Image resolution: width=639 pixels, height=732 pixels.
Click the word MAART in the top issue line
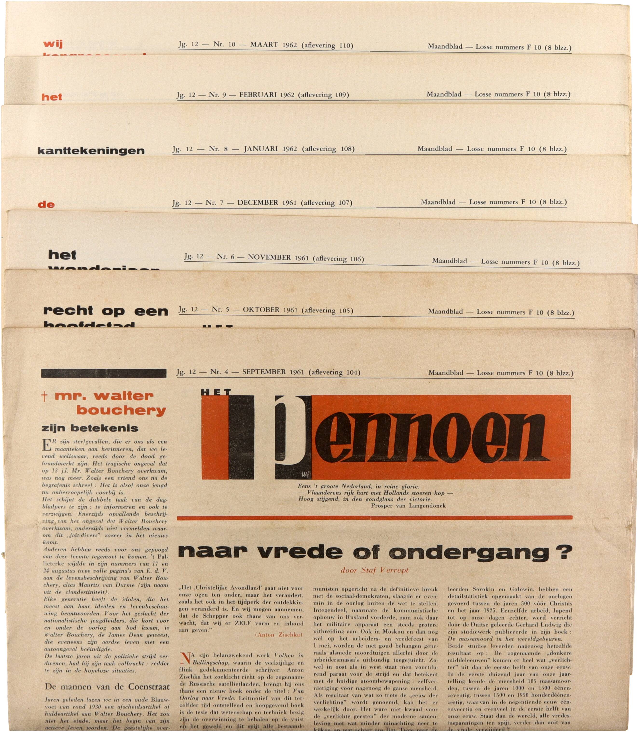coord(264,45)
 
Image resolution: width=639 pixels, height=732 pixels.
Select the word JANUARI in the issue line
coord(261,149)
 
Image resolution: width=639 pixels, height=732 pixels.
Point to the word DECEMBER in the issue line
coord(258,202)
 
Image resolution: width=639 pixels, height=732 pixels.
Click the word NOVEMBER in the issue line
coord(269,257)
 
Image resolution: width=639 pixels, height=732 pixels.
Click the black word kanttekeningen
coord(91,151)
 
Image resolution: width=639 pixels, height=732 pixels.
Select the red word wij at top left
coord(53,44)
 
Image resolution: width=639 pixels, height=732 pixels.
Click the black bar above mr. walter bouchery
coord(104,373)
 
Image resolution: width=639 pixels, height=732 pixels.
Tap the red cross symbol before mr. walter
coord(44,397)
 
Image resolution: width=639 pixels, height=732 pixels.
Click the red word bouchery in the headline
coord(121,411)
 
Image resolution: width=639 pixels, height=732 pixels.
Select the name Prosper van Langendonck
coord(408,505)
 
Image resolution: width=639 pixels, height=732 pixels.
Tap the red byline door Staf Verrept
coord(374,570)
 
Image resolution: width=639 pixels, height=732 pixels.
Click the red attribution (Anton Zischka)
coord(279,634)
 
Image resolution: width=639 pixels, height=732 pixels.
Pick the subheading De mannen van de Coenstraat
coord(107,687)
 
